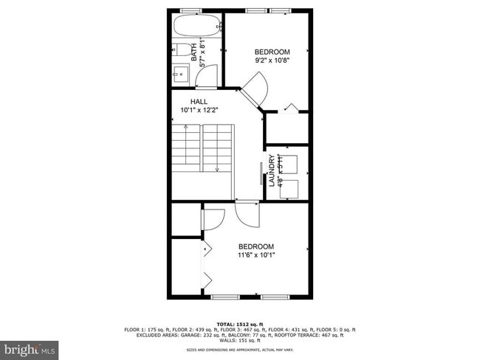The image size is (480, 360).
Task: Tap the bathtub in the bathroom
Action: pyautogui.click(x=197, y=27)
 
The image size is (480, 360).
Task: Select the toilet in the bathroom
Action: pyautogui.click(x=182, y=51)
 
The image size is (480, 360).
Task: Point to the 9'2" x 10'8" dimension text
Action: pyautogui.click(x=272, y=61)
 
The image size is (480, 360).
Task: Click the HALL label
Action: pyautogui.click(x=199, y=102)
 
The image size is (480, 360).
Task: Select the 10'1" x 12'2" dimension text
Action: pyautogui.click(x=199, y=110)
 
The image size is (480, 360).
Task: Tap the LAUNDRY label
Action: pyautogui.click(x=272, y=170)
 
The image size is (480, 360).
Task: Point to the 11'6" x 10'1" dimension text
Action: pyautogui.click(x=256, y=255)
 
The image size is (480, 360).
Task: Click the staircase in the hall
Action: pyautogui.click(x=203, y=148)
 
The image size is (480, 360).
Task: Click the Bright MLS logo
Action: pyautogui.click(x=30, y=347)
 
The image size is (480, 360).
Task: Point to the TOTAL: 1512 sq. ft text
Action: pyautogui.click(x=239, y=324)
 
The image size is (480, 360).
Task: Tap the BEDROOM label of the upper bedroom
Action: pyautogui.click(x=272, y=52)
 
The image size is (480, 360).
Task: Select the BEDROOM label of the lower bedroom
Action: pyautogui.click(x=256, y=246)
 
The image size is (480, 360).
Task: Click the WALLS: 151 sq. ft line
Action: pyautogui.click(x=239, y=340)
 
